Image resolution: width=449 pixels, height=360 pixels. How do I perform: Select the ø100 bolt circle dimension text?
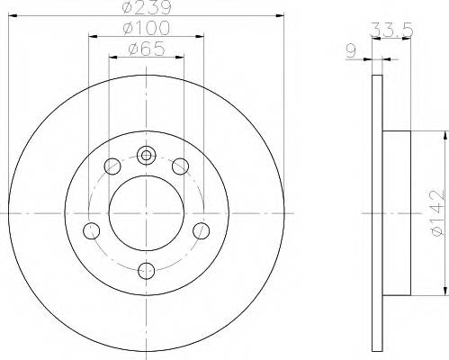click(x=147, y=32)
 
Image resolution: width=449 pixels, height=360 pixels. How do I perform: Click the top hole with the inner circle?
click(x=147, y=155)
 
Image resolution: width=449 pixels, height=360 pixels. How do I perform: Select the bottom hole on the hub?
click(x=147, y=268)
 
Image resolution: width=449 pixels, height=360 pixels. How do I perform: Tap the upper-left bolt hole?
click(x=112, y=166)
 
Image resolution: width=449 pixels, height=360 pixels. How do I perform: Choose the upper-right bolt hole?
click(x=180, y=166)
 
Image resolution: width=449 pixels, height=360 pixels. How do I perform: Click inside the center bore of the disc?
click(x=147, y=212)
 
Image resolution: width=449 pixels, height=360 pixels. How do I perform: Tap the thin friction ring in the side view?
click(x=376, y=212)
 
